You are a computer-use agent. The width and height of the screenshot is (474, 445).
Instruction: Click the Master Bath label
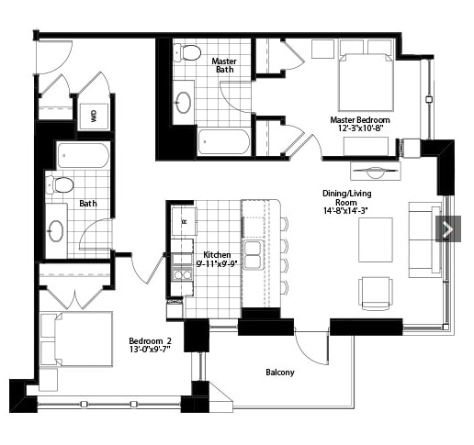coord(224,65)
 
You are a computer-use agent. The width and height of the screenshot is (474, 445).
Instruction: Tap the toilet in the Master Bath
coord(186,52)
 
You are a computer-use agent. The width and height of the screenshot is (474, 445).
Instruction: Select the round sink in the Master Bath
coord(184,103)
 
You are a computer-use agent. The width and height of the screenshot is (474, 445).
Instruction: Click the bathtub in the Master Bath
coord(223,142)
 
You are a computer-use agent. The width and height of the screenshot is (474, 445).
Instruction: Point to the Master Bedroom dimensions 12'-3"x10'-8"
coord(360,128)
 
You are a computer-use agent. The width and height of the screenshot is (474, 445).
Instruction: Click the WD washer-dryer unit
coord(94,117)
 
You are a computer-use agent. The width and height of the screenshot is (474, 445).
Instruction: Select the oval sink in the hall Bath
coord(56,231)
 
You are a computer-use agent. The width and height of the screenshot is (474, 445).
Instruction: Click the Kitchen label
coord(217,254)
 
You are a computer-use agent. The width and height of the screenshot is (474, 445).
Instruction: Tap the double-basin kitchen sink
coord(254,255)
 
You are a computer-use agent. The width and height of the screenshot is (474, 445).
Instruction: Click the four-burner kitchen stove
coord(182,275)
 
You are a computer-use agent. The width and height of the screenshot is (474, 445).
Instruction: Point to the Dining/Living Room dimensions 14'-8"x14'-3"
coord(345,211)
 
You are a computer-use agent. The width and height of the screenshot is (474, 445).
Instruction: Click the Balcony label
coord(280,373)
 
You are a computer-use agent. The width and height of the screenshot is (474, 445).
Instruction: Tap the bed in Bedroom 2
coord(76,339)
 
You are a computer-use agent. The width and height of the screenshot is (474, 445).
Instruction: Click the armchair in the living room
coord(376,294)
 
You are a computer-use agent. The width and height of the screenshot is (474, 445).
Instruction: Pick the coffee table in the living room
coord(376,239)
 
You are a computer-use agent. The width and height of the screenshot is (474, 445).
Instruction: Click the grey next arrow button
coord(448,228)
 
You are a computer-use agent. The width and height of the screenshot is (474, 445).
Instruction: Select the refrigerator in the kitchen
coord(184,221)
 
